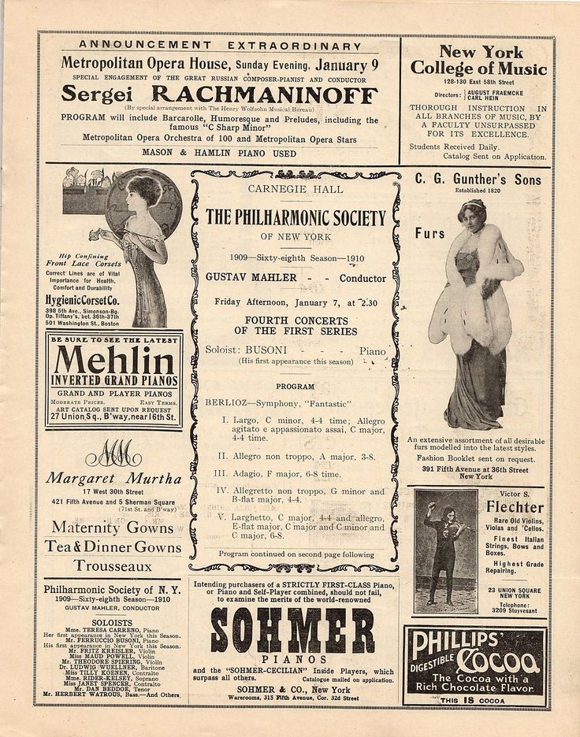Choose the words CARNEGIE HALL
pos(293,189)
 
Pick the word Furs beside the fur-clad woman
pos(431,234)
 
